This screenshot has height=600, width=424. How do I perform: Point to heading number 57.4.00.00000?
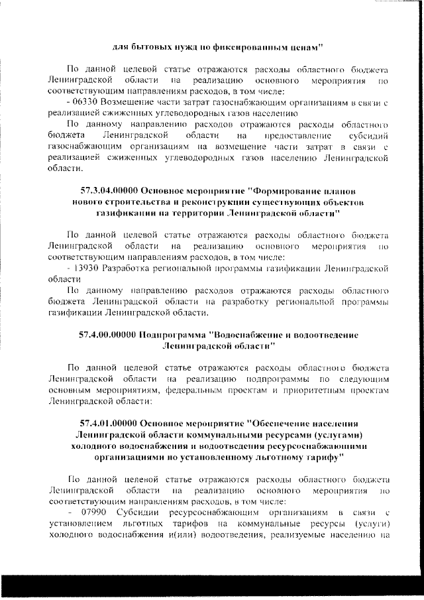tap(105, 335)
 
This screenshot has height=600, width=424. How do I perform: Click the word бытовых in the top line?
tap(152, 47)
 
